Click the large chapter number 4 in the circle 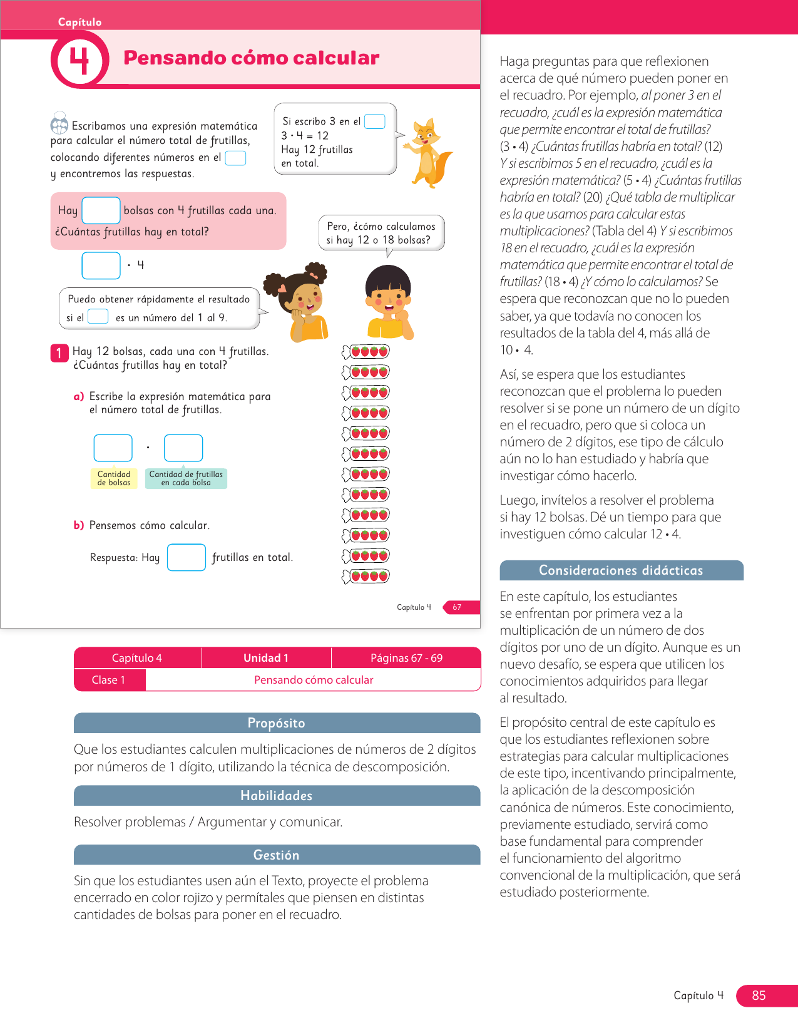79,61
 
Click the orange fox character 428,153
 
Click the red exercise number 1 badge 59,353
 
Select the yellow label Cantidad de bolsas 114,478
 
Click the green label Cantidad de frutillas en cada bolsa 186,478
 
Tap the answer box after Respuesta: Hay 187,557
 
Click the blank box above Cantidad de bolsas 113,448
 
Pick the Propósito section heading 277,723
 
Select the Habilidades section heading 277,796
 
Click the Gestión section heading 277,855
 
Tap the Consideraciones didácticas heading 621,570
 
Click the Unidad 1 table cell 266,658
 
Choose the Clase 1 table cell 109,680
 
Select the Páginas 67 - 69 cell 406,658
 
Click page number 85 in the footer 759,995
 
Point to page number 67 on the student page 457,607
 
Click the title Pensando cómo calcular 251,58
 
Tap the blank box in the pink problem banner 101,210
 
